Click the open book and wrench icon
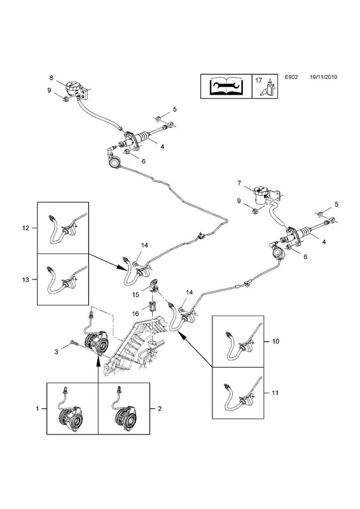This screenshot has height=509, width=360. click(x=226, y=87)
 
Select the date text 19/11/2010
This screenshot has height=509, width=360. click(x=323, y=77)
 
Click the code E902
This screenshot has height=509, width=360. click(x=291, y=77)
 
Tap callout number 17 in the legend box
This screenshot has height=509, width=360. click(x=258, y=80)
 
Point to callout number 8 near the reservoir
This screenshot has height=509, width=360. click(x=52, y=78)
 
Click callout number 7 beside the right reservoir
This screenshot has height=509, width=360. click(x=239, y=183)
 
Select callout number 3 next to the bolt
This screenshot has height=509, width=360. click(x=56, y=352)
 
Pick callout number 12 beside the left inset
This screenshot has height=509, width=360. click(x=25, y=228)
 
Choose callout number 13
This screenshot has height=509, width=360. click(x=25, y=279)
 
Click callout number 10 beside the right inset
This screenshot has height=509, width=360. click(x=275, y=341)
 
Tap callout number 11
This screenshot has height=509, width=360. click(x=275, y=393)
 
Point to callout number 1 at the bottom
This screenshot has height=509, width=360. click(x=38, y=408)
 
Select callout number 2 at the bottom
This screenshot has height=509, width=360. click(x=160, y=408)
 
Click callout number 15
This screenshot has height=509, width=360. click(x=135, y=295)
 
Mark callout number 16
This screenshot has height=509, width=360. click(x=135, y=314)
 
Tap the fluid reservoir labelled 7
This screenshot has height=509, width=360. click(x=263, y=195)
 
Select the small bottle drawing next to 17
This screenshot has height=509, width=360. click(x=269, y=88)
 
